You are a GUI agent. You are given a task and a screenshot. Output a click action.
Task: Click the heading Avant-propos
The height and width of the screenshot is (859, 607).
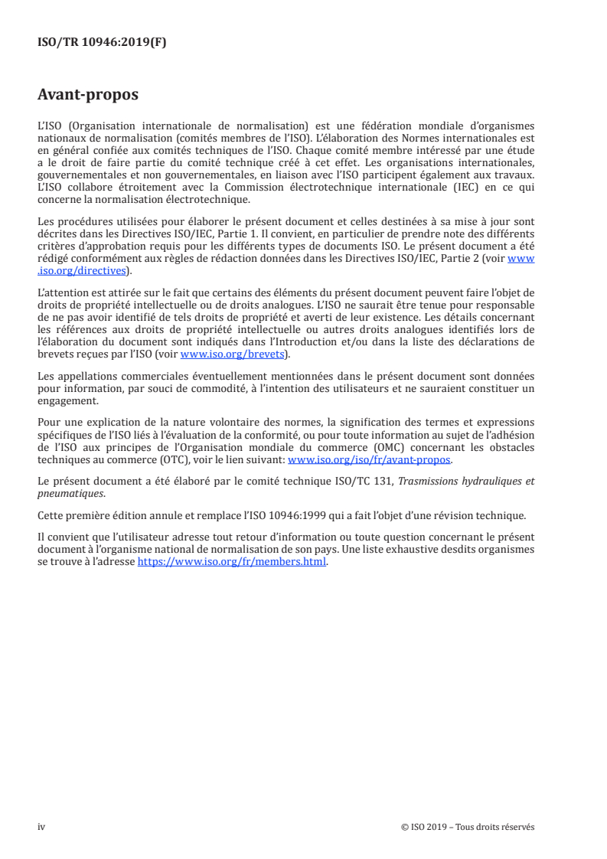(88, 95)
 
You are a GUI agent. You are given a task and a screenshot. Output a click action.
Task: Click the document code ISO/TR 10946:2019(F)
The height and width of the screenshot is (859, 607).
(102, 43)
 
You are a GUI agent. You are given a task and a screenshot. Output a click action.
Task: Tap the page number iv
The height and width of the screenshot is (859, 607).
(41, 827)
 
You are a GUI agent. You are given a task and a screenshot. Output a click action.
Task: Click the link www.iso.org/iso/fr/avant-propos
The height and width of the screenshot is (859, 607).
(369, 460)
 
